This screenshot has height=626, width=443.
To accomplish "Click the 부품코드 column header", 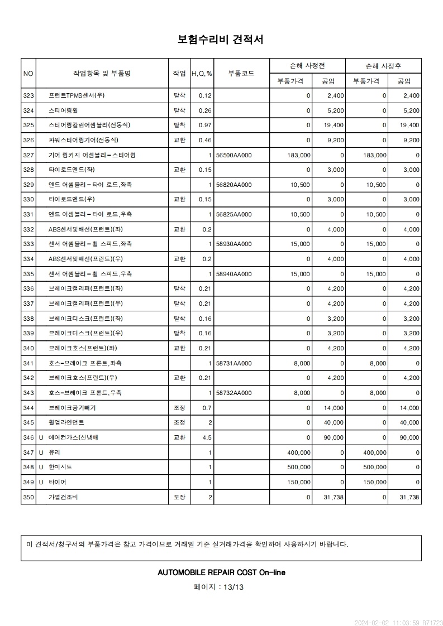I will [241, 73].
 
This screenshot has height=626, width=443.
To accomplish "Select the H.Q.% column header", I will [202, 74].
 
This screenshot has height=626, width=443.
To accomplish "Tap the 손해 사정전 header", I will [307, 66].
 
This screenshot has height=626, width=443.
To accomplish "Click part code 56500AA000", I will [234, 155].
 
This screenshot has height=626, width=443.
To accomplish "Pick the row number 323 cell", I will [28, 95].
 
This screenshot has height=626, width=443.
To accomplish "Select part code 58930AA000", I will [234, 244].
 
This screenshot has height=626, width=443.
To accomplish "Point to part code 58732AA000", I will [234, 393].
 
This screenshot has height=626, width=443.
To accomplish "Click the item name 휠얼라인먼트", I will [66, 423].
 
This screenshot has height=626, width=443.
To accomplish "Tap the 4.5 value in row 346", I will [206, 438].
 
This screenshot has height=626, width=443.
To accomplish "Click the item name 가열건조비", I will [64, 497].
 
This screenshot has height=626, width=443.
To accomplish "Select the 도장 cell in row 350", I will [179, 497].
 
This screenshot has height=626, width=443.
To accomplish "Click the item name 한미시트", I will [60, 467].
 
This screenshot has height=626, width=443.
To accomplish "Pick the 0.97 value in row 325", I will [205, 125].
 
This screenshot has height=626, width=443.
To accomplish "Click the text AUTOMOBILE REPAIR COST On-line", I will [221, 572].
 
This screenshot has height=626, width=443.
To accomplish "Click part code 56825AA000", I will [234, 214].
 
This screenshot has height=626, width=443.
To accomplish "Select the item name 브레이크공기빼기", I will [72, 408].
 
